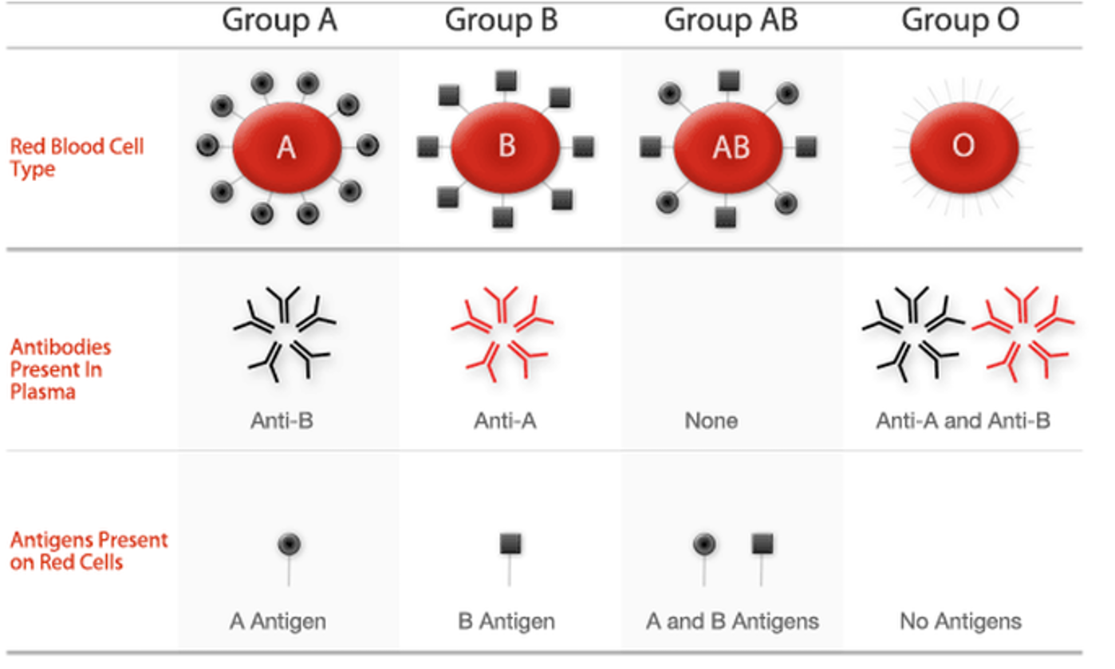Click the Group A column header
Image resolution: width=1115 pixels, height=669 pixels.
(x=279, y=22)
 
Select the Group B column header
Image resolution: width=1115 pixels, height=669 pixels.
(x=501, y=22)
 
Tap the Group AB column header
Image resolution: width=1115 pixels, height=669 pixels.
(x=731, y=22)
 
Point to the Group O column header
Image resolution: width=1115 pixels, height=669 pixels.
(x=961, y=22)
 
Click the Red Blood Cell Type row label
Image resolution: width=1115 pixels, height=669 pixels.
(x=77, y=158)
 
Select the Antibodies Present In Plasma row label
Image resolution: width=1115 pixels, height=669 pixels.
(x=61, y=369)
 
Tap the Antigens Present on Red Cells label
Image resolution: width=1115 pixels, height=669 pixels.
(x=89, y=551)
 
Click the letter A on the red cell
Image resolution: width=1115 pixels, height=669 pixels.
(x=286, y=148)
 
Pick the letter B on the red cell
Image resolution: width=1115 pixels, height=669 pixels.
(x=506, y=146)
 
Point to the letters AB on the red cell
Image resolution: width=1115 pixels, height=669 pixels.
(x=731, y=148)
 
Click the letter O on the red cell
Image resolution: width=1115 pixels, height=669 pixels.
(x=963, y=146)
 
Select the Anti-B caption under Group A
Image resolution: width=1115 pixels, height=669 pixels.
(x=282, y=421)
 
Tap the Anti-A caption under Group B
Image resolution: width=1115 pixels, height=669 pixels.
(x=505, y=421)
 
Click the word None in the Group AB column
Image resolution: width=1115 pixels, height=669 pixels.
(x=711, y=421)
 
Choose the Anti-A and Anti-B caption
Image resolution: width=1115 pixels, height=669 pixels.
(x=963, y=421)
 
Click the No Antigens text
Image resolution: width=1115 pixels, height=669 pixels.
(x=961, y=621)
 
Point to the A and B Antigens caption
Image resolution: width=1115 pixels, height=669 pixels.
(x=732, y=621)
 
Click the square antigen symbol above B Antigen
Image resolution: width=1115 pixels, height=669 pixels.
(x=510, y=544)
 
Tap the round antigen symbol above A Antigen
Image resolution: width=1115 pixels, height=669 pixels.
(x=290, y=544)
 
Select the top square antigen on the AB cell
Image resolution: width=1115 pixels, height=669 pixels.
(x=729, y=81)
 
